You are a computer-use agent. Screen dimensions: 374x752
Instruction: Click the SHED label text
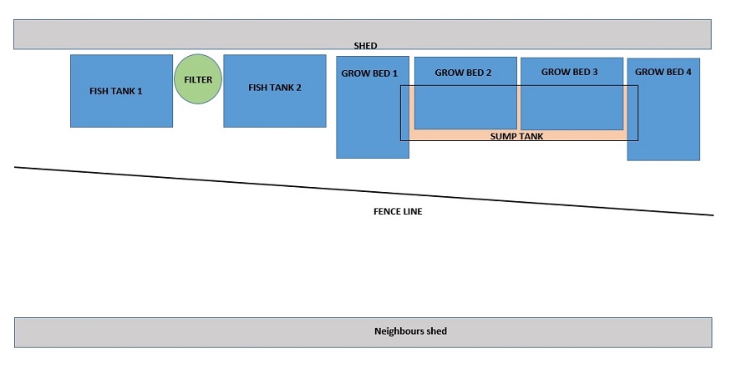point(365,46)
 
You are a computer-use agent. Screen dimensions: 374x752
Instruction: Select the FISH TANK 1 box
point(121,109)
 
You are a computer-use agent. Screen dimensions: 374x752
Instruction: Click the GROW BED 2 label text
point(464,73)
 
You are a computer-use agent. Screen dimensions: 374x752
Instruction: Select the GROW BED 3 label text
point(570,73)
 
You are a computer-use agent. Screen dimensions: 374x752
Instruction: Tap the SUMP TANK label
point(516,135)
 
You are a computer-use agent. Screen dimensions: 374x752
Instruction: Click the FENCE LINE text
point(397,212)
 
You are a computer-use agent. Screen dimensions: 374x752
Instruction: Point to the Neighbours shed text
point(409,331)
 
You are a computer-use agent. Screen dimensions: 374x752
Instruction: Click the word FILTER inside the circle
point(198,80)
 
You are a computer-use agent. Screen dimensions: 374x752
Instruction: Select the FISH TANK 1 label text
point(116,90)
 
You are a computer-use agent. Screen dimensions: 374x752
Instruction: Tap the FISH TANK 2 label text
point(275,88)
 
